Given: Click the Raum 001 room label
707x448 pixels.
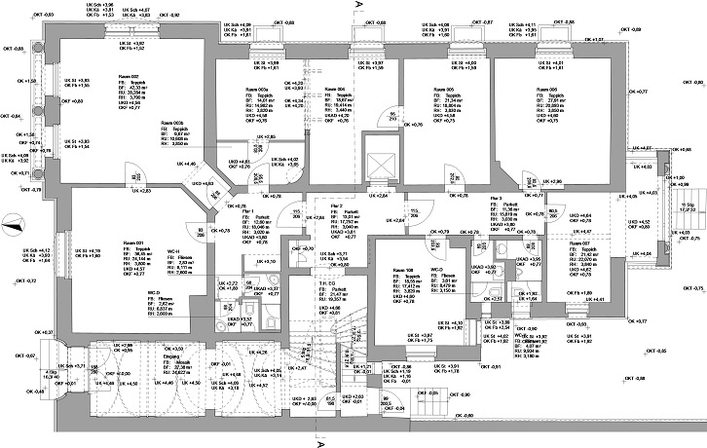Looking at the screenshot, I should tap(133, 243).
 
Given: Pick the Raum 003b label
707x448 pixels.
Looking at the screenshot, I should tap(171, 123).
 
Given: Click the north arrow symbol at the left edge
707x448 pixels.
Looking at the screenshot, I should tap(11, 227).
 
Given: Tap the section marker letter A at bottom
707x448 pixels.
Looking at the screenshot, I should tap(319, 441).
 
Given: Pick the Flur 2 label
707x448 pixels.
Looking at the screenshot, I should tap(336, 207).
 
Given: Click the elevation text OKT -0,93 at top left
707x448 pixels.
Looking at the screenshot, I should tap(44, 17).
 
